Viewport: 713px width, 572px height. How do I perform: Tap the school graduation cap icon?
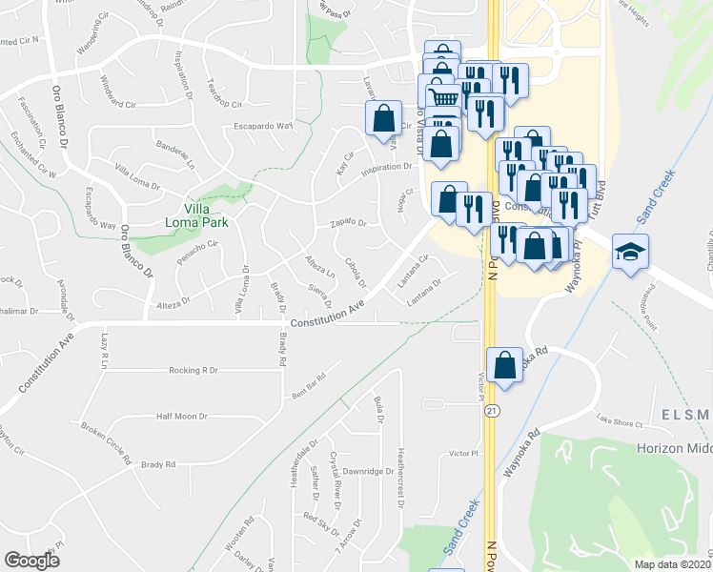pyautogui.click(x=628, y=253)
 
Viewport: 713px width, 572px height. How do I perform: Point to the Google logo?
pyautogui.click(x=31, y=561)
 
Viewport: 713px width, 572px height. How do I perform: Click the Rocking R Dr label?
pyautogui.click(x=194, y=370)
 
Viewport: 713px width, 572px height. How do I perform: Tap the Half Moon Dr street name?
pyautogui.click(x=182, y=417)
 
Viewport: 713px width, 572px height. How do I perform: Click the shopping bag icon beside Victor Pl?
pyautogui.click(x=504, y=364)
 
